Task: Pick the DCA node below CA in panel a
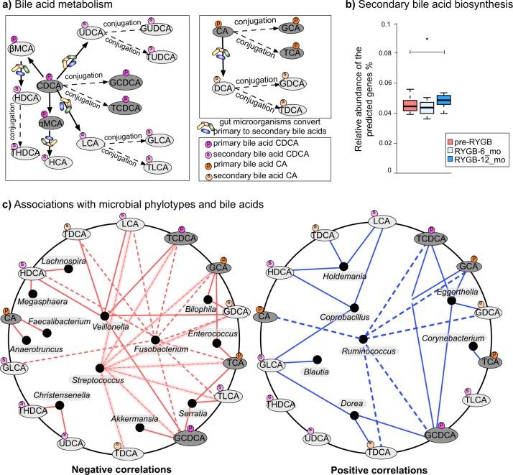223,88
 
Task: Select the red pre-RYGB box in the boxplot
410,105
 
